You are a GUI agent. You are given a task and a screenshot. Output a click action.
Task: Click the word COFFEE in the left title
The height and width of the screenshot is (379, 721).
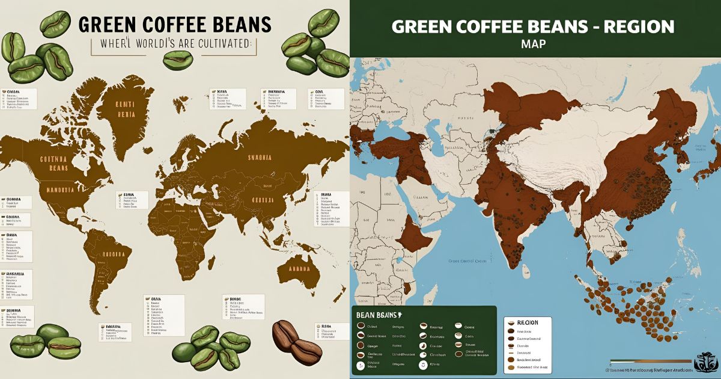click(x=170, y=25)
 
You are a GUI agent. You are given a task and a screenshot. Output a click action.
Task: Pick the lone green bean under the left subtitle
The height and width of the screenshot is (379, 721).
click(x=178, y=58)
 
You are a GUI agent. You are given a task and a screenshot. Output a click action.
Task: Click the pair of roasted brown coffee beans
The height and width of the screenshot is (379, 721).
click(x=297, y=339)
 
